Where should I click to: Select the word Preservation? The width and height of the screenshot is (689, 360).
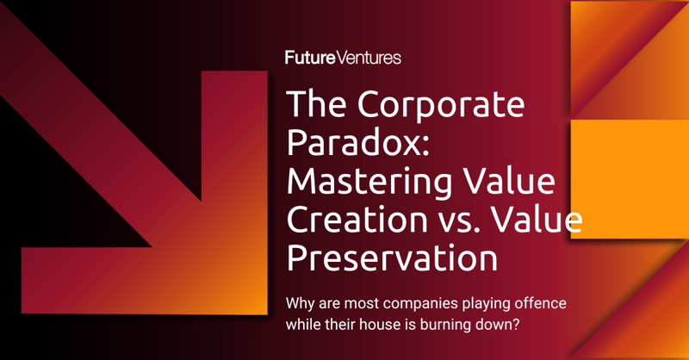click(x=392, y=259)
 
